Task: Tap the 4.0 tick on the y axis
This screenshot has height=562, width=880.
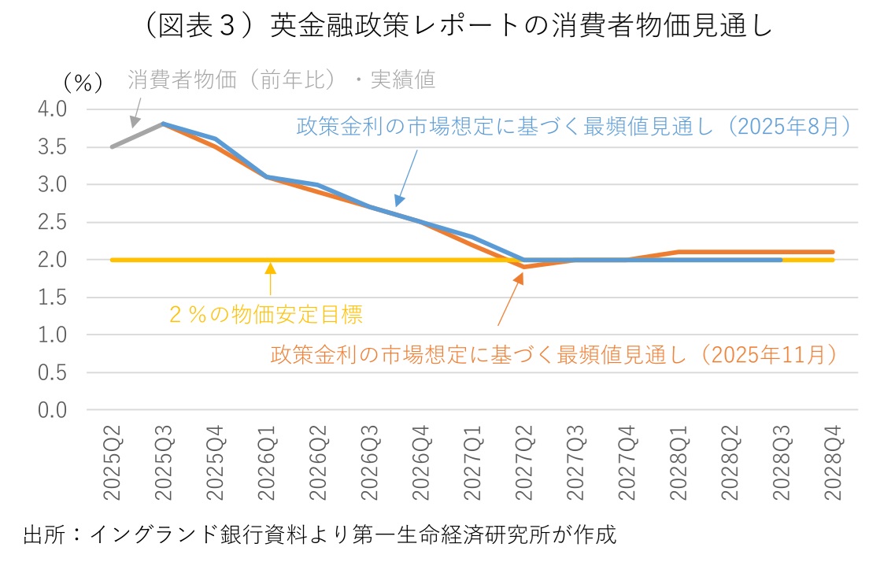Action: tap(54, 109)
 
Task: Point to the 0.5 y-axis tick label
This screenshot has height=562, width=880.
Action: tap(54, 372)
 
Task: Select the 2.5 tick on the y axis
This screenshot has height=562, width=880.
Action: tap(54, 222)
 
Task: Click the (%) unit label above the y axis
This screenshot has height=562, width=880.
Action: tap(79, 80)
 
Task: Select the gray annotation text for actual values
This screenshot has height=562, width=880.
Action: tap(281, 79)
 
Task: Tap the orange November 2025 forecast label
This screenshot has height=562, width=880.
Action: tap(553, 355)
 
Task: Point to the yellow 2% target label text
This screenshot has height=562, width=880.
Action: tap(266, 315)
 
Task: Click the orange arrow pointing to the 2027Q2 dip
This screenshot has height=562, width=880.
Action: tap(510, 298)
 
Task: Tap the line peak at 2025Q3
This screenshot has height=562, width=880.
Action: tap(162, 124)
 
